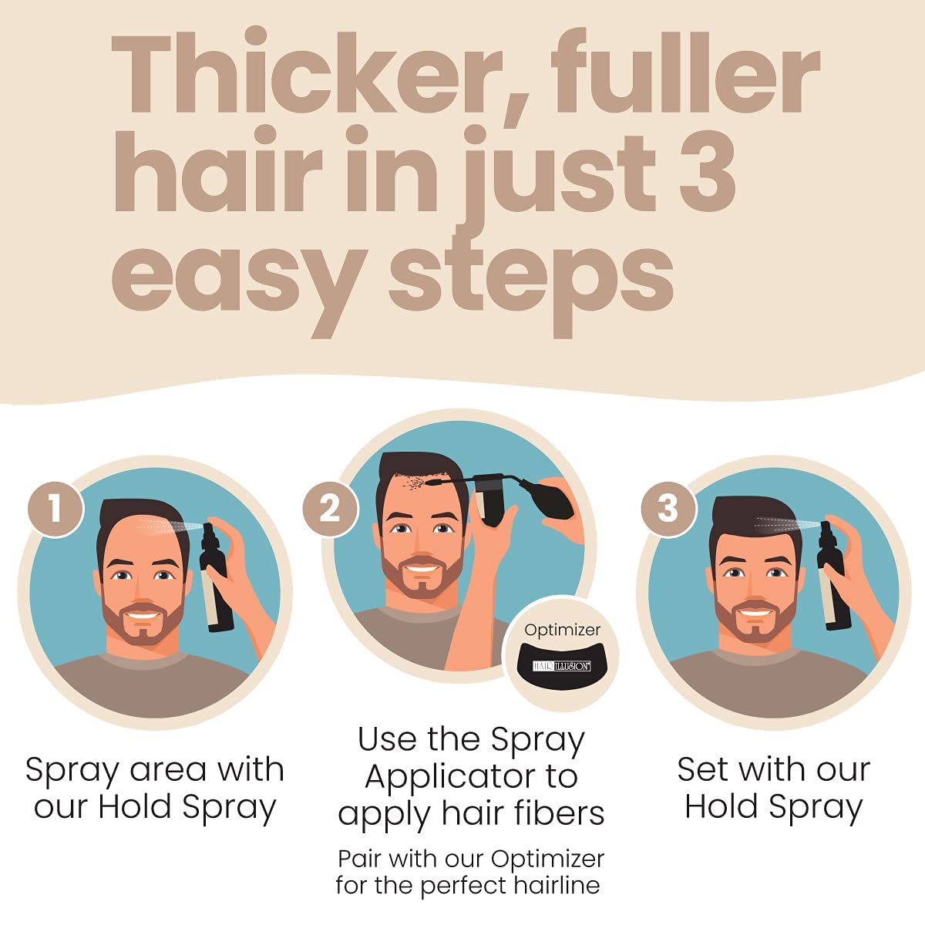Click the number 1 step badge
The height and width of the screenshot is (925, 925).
(55, 508)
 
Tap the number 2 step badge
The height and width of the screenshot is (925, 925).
(330, 508)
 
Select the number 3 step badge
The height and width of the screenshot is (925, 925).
(668, 508)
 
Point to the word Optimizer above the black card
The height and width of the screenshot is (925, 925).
(562, 630)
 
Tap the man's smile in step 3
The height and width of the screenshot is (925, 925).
(756, 614)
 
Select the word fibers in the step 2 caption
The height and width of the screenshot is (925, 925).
(561, 813)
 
